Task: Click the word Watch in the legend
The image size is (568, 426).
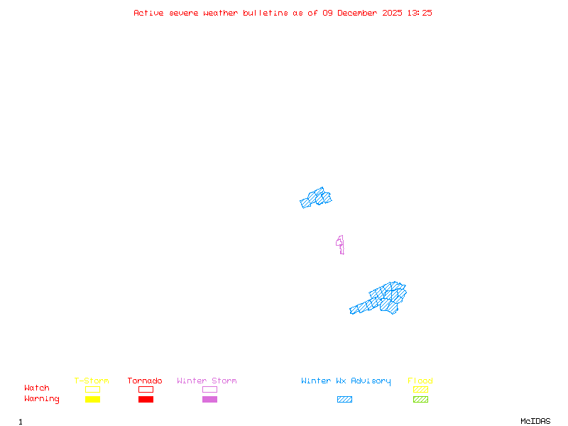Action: tap(37, 388)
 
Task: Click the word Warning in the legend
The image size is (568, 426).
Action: tap(42, 399)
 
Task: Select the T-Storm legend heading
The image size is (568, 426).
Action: tap(92, 381)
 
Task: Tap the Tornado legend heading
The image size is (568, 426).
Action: tap(145, 381)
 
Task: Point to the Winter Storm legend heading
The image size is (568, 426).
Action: tap(207, 381)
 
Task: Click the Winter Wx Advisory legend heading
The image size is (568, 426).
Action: tap(346, 381)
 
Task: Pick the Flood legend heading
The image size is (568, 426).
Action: tap(420, 381)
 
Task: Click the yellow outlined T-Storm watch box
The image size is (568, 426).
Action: tap(92, 389)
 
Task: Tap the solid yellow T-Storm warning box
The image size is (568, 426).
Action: tap(92, 400)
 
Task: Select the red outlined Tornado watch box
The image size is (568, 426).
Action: tap(146, 389)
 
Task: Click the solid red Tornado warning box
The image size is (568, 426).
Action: tap(146, 400)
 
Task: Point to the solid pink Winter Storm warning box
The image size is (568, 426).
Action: tap(209, 400)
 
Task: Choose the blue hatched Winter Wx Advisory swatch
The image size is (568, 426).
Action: tap(344, 400)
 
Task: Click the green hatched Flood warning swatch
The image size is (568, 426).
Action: tap(420, 400)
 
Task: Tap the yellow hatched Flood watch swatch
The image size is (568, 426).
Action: tap(420, 389)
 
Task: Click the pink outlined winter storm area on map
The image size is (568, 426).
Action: tap(341, 244)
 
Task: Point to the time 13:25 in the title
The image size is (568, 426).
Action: tap(420, 13)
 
